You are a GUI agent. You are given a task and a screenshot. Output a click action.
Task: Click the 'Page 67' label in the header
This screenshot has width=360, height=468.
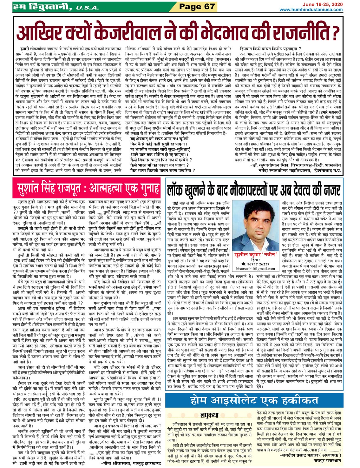click(x=197, y=6)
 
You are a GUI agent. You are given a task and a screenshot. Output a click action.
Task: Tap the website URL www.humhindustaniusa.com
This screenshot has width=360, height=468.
click(x=311, y=10)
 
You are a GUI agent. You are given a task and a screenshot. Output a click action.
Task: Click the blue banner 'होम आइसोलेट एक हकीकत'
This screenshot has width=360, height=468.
click(x=254, y=400)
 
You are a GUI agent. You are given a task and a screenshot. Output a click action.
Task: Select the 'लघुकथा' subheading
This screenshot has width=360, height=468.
click(x=209, y=415)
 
